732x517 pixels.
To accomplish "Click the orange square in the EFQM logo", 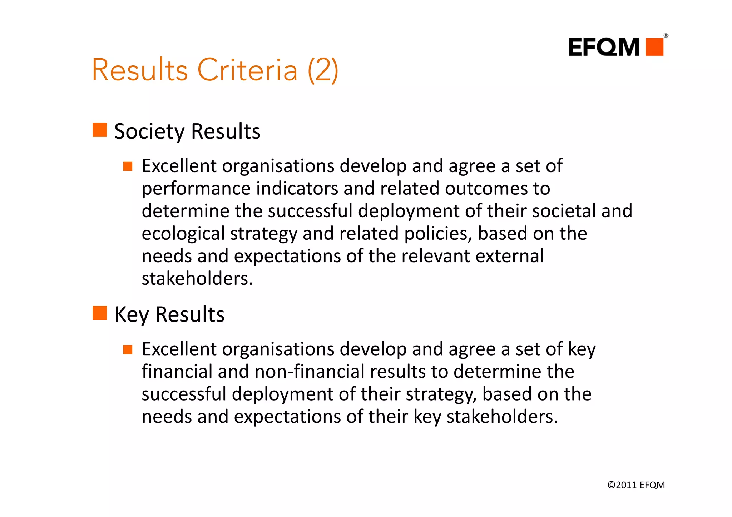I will [654, 47].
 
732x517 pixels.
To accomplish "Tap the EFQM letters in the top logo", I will [604, 47].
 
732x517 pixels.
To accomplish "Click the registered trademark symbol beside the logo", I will [666, 36].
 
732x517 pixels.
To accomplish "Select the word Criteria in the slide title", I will [247, 70].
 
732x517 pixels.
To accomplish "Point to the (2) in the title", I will [323, 70].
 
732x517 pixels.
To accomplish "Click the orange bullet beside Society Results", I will [100, 130].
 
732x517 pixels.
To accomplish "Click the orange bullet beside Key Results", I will [100, 313].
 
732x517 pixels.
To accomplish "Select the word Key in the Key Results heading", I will [132, 315].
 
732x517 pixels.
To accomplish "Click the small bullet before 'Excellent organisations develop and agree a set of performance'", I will [128, 166].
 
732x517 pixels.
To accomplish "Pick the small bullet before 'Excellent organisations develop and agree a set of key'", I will [128, 349].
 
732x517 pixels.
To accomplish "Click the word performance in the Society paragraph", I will [196, 189].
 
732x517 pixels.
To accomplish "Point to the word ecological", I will [183, 234].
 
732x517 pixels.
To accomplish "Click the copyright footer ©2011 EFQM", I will [636, 485].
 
